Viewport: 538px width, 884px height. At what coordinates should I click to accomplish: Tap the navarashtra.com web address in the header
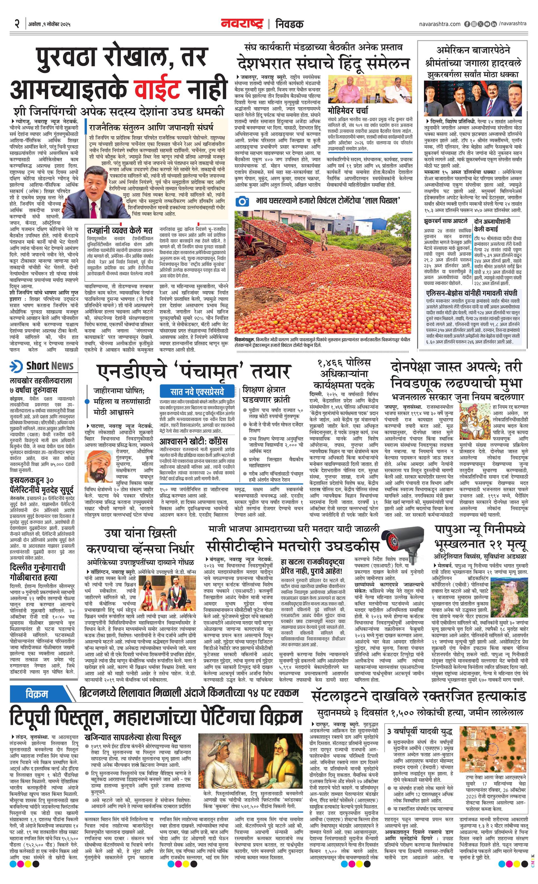[439, 24]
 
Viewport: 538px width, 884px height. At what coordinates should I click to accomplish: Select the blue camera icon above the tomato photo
[243, 201]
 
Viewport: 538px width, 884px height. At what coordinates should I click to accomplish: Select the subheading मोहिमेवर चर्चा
[348, 110]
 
